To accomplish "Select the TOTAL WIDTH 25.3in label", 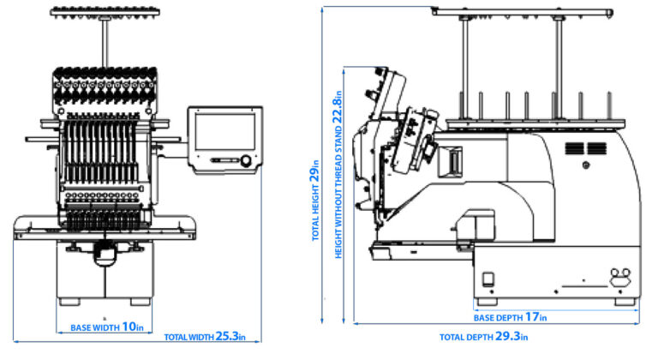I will [205, 337].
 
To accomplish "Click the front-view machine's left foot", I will [69, 302].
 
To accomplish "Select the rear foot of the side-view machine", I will [624, 303].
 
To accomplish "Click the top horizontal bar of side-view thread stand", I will [523, 11].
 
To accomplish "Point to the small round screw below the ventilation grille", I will [586, 165].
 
